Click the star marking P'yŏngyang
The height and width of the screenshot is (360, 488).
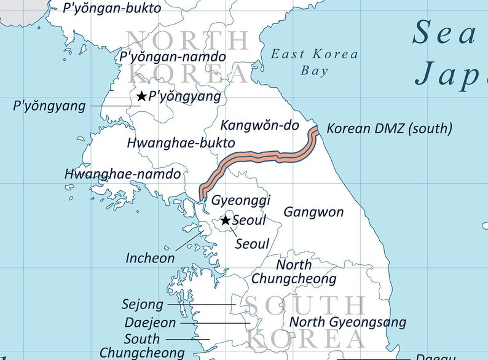[x=141, y=96]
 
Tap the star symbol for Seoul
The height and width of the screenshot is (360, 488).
[x=226, y=220]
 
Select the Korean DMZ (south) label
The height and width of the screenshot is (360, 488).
[x=389, y=128]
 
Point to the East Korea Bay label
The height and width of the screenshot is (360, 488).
[x=315, y=62]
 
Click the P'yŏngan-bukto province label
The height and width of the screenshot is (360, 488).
[x=112, y=8]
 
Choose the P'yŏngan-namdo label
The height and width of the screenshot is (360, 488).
[x=173, y=57]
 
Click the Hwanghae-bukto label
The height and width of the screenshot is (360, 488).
[x=181, y=143]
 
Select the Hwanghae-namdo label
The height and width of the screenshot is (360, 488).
[x=122, y=174]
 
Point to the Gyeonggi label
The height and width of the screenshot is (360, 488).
[x=241, y=201]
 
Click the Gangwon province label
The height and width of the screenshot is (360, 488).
[x=313, y=212]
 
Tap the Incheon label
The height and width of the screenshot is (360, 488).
[x=150, y=258]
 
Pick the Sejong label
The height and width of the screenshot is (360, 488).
[x=143, y=304]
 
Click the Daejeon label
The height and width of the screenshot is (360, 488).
[x=150, y=323]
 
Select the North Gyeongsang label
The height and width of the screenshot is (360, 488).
[x=348, y=322]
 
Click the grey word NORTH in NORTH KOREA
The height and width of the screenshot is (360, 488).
[x=187, y=41]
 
